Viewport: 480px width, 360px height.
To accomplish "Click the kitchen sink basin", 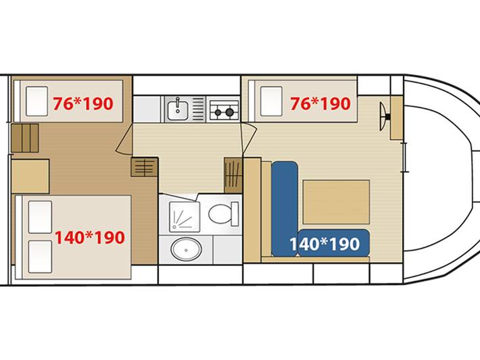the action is pyautogui.click(x=178, y=109).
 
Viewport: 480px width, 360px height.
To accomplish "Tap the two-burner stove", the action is pyautogui.click(x=224, y=109).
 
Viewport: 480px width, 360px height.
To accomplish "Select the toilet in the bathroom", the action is pyautogui.click(x=224, y=213).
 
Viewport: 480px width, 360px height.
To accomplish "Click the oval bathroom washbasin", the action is pyautogui.click(x=186, y=249).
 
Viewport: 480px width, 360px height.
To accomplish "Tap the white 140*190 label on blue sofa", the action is pyautogui.click(x=325, y=244).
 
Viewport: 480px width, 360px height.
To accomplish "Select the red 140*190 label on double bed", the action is pyautogui.click(x=90, y=238).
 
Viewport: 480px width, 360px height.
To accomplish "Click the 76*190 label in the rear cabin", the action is pyautogui.click(x=83, y=104).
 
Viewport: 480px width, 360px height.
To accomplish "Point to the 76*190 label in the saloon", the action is pyautogui.click(x=320, y=104).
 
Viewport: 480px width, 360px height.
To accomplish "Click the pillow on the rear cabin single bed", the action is pyautogui.click(x=37, y=101).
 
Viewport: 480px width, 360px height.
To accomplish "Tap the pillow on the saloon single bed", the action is pyautogui.click(x=271, y=101).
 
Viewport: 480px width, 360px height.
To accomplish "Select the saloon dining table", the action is pyautogui.click(x=336, y=202).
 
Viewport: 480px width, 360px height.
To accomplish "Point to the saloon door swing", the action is pyautogui.click(x=249, y=138).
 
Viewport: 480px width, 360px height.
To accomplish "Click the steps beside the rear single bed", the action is pyautogui.click(x=25, y=138).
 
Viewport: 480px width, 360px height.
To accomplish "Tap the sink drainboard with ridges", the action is pyautogui.click(x=198, y=109).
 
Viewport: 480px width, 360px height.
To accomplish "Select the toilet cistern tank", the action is pyautogui.click(x=235, y=213).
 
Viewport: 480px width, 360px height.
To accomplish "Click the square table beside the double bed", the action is pyautogui.click(x=30, y=176).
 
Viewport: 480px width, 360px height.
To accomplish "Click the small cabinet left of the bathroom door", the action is pyautogui.click(x=145, y=167).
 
